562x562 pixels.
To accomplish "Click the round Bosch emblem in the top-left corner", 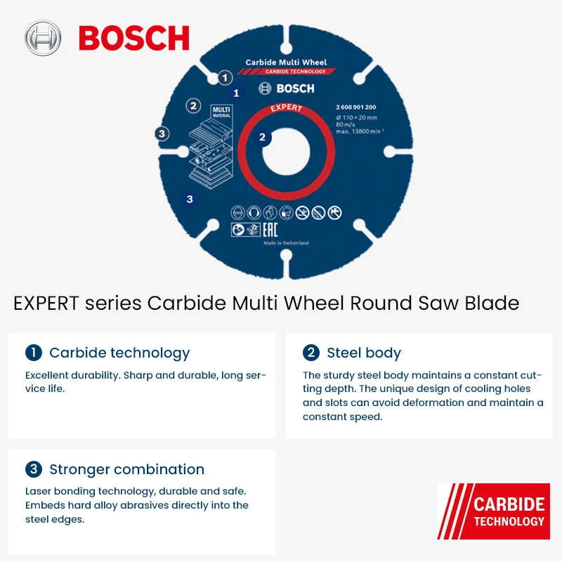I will tap(44, 37).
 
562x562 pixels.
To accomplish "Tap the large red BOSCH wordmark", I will tap(133, 38).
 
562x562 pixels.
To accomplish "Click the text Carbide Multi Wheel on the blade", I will tap(286, 63).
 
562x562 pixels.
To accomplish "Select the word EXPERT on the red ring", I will tap(285, 108).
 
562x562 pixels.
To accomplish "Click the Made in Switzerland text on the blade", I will tap(286, 243).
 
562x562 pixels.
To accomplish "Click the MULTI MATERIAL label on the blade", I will tap(221, 111).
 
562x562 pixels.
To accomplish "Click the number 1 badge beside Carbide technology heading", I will tap(33, 353).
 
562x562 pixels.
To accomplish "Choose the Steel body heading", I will tap(363, 353).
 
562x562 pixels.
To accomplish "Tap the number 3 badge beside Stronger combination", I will tap(33, 469).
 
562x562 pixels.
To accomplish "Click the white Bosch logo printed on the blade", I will tap(287, 89).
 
